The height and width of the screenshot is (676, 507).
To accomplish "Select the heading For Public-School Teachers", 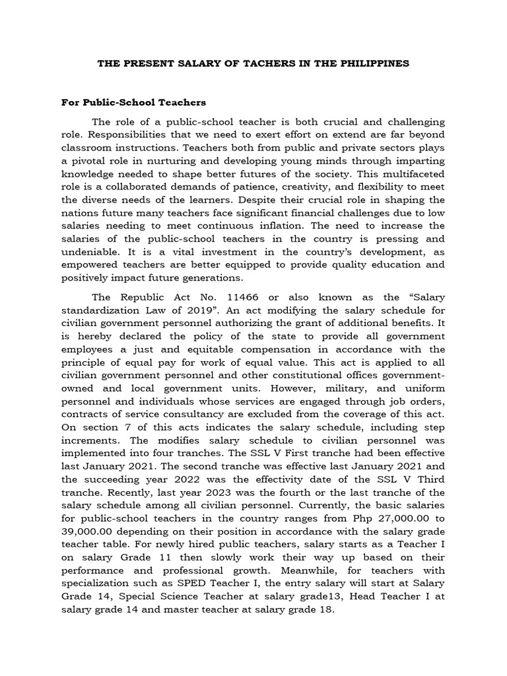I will [134, 102].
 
